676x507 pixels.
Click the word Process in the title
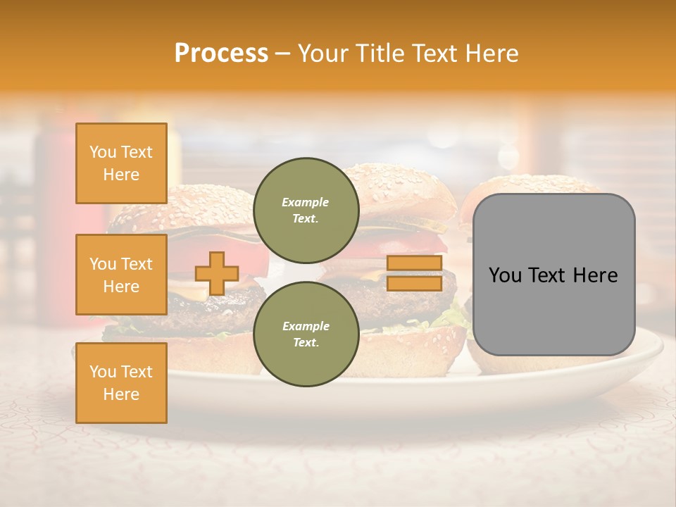pos(221,54)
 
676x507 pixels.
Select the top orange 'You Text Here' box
pos(121,163)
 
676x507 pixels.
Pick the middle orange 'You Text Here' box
pos(121,275)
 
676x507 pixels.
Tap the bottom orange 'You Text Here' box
pos(121,383)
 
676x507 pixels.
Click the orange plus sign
pos(217,273)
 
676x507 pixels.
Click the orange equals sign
pos(414,273)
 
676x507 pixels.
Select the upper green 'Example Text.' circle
pos(306,211)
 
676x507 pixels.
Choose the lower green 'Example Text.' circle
pos(306,334)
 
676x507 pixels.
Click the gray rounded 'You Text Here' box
pos(553,275)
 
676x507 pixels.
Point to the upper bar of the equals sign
pos(414,263)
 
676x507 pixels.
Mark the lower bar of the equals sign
pos(414,283)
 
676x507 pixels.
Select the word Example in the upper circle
pos(306,203)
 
